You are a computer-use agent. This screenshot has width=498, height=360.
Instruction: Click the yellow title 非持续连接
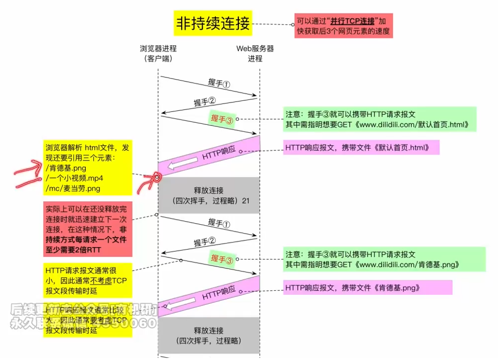(212, 23)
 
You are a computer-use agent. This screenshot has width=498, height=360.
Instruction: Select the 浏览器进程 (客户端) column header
(158, 53)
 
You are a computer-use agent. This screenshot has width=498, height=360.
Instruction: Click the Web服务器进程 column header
(255, 53)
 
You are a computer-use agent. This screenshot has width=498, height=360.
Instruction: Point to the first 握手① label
(219, 83)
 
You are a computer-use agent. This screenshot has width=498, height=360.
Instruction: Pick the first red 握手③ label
(222, 118)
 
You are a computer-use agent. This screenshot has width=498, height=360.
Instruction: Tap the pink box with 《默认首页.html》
(361, 148)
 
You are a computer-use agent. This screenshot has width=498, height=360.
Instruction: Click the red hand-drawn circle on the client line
(157, 178)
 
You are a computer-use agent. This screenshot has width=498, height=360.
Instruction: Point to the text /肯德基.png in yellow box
(66, 168)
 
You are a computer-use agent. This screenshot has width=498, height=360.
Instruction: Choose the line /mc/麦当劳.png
(73, 188)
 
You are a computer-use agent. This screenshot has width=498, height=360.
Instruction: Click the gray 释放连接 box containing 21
(208, 195)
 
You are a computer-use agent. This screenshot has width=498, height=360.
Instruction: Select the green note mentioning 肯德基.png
(384, 259)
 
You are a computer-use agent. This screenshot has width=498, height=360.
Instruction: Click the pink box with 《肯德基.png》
(367, 288)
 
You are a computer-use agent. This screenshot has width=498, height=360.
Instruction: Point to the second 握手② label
(205, 242)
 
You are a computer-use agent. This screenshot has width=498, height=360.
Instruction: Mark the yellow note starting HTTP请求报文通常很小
(86, 280)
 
